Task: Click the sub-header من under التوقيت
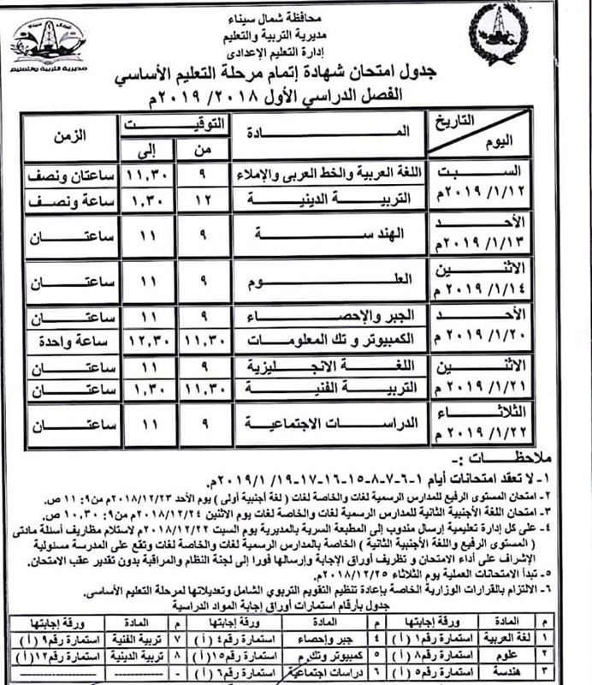[204, 150]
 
